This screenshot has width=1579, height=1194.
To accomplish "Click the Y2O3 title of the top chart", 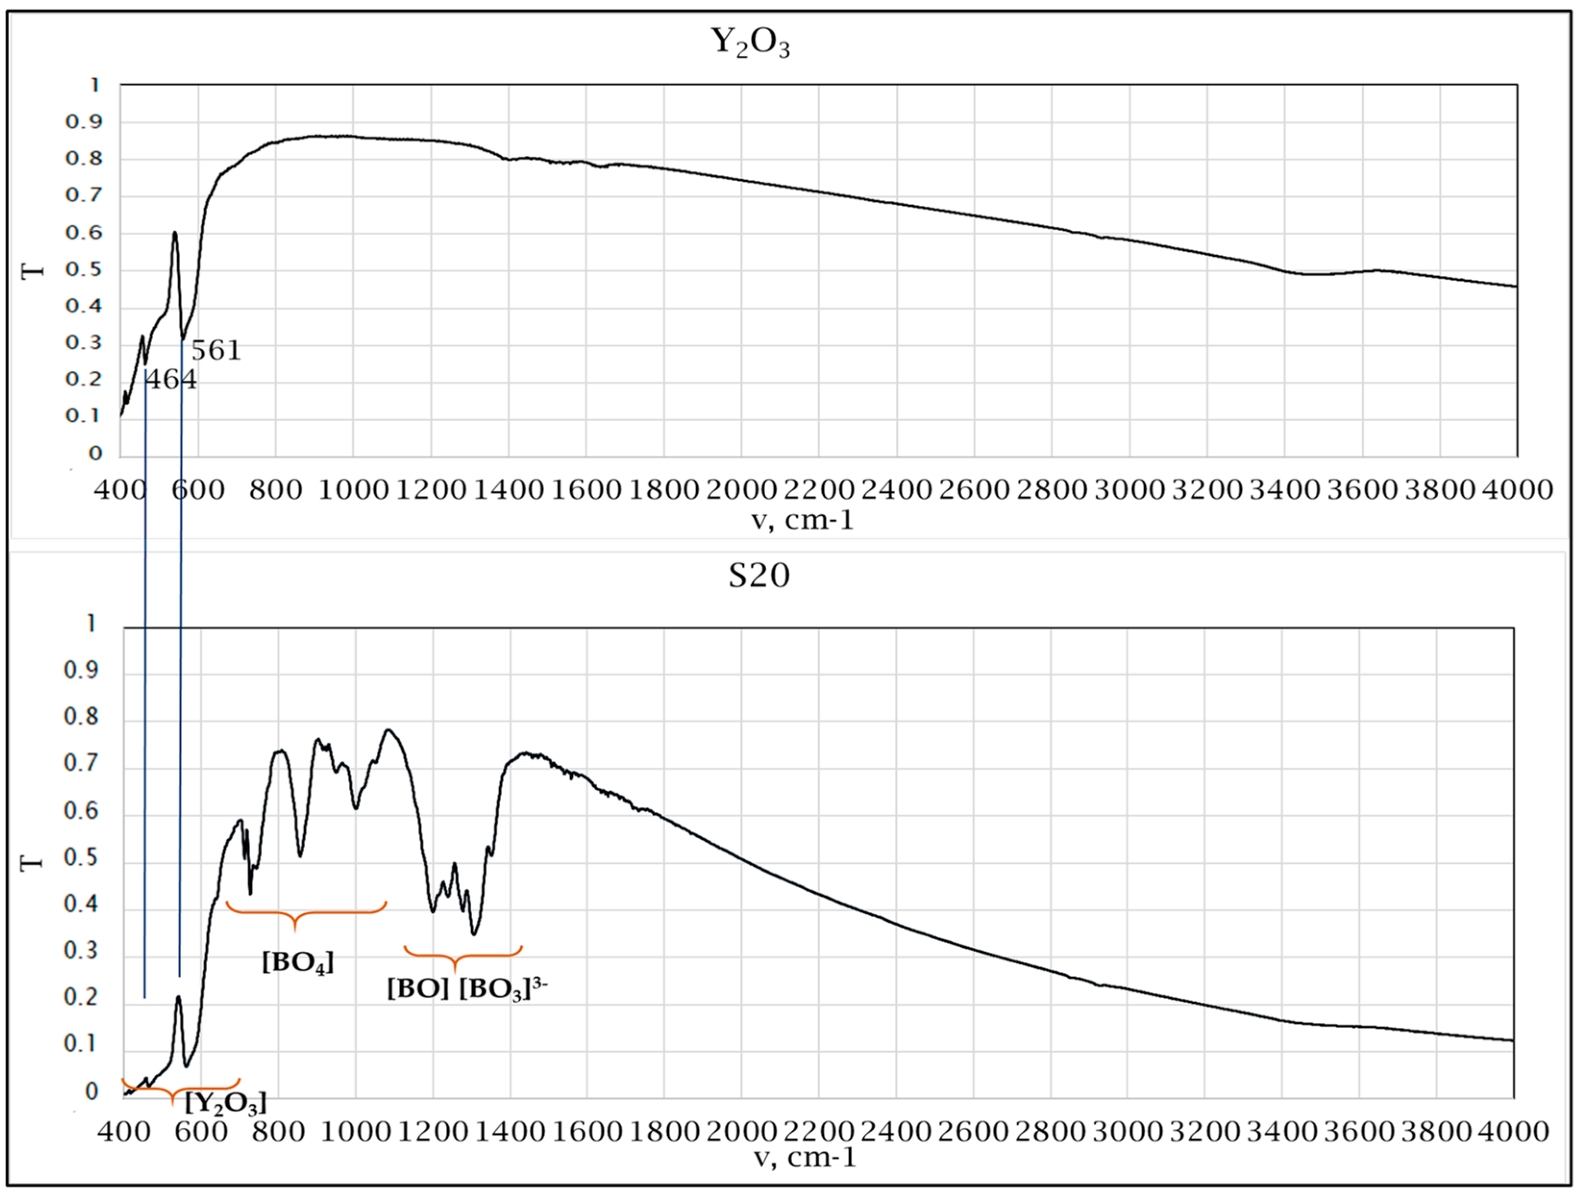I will tap(750, 42).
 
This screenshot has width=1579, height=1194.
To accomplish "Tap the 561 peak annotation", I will tap(216, 350).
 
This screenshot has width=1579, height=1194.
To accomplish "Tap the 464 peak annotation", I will tap(171, 380).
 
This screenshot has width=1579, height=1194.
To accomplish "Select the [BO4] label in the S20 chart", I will tap(298, 962).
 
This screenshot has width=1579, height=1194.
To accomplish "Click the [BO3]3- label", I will tap(502, 990).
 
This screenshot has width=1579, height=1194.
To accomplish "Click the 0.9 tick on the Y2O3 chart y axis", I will tap(84, 122).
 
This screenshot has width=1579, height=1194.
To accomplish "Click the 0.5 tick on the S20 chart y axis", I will tap(81, 858).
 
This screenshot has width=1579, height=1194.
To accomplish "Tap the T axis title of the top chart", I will tap(33, 272).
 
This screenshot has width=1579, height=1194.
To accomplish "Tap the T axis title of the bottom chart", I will tap(32, 863).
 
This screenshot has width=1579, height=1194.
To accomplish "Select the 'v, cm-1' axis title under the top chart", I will tap(802, 520).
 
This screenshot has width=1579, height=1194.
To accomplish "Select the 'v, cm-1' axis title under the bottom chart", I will tap(805, 1157).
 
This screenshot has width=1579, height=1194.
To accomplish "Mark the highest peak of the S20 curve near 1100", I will tap(388, 730).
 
